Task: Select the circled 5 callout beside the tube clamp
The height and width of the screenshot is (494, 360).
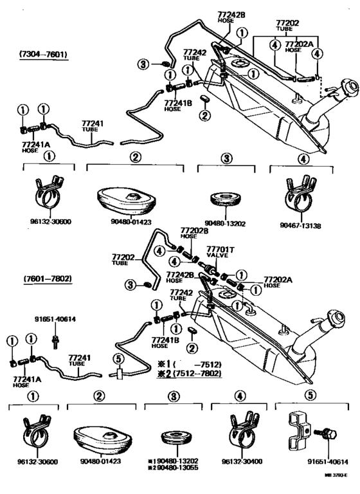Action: coord(118,359)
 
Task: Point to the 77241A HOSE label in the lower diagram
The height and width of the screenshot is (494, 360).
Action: coord(24,382)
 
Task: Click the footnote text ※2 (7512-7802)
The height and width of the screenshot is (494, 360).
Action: coord(190,373)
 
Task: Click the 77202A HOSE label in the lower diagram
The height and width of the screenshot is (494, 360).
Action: coord(277,282)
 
